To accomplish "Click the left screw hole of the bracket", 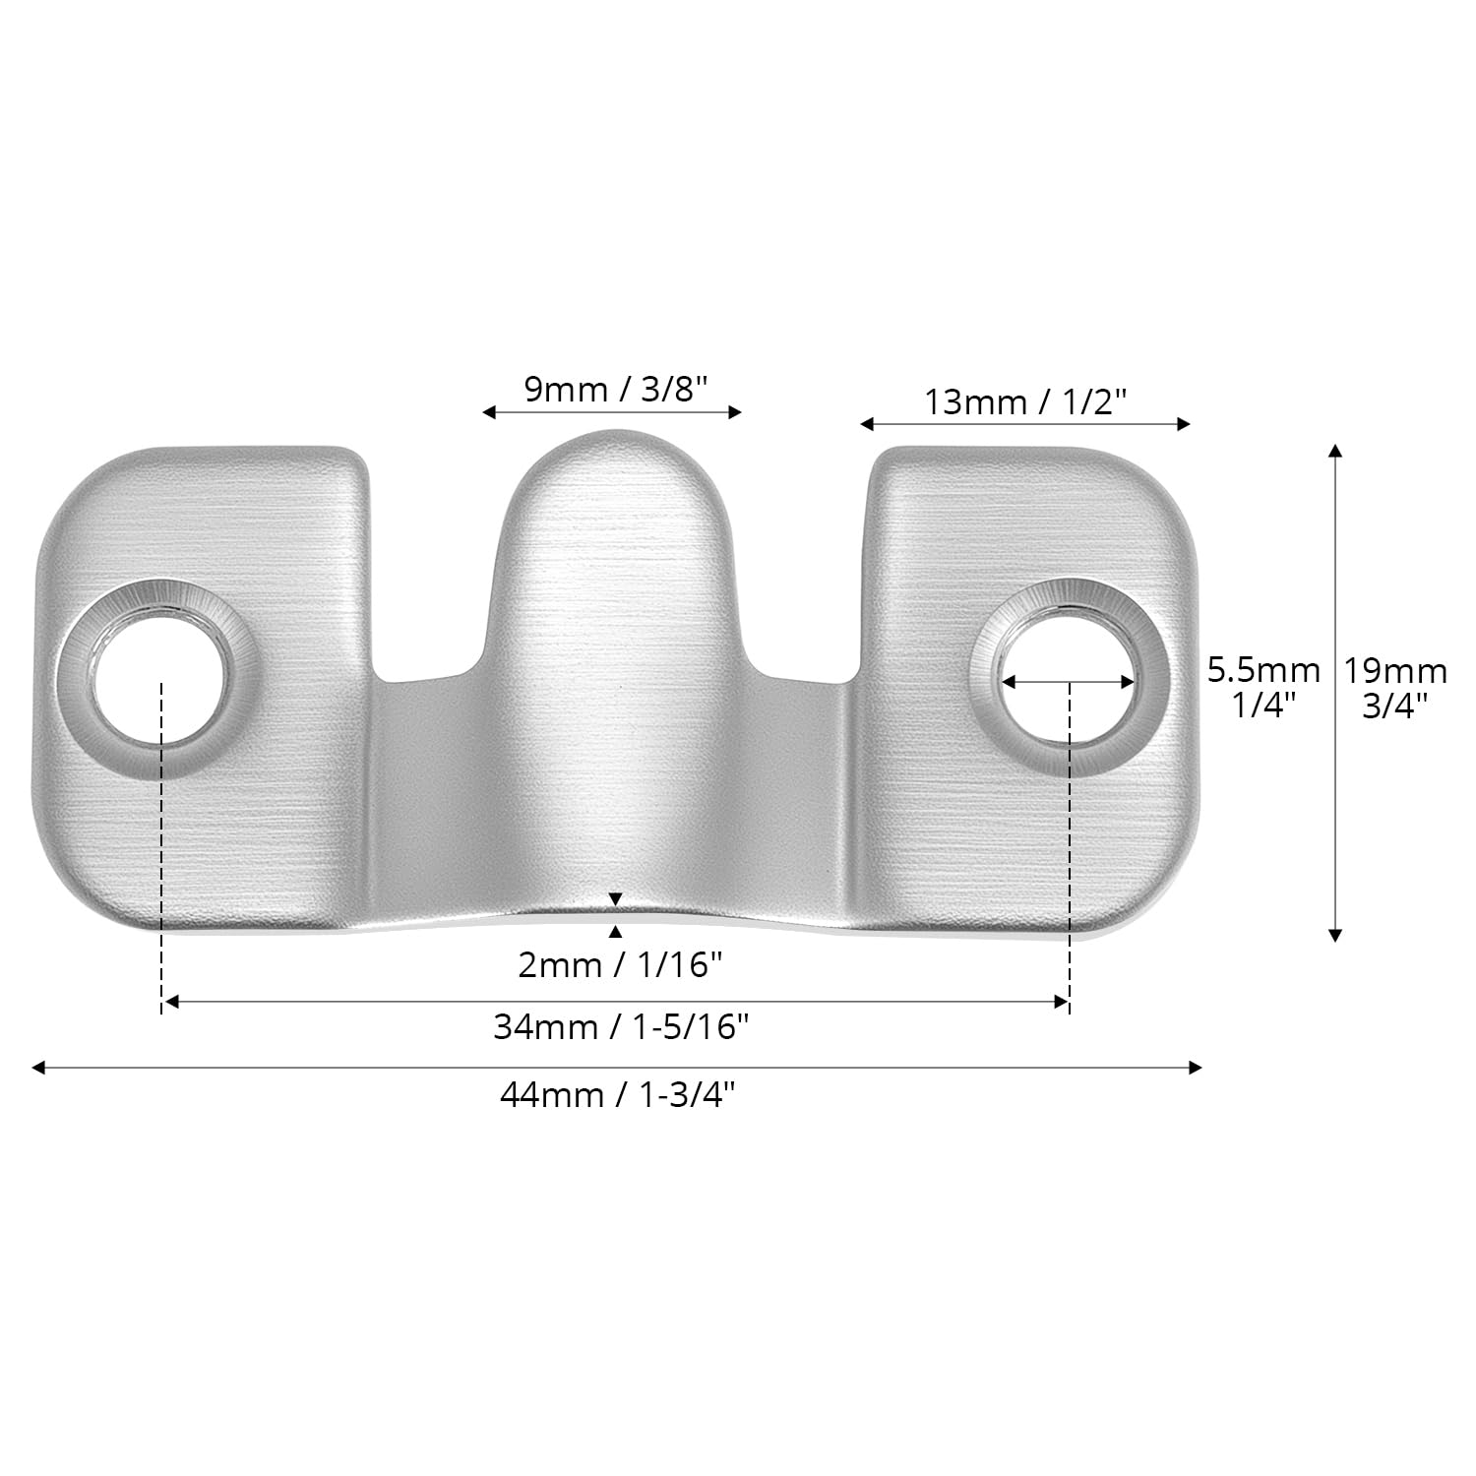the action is pyautogui.click(x=157, y=678).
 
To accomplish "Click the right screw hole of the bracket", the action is pyautogui.click(x=1069, y=678).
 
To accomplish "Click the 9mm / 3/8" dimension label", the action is pyautogui.click(x=616, y=390).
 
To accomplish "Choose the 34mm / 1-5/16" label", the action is pyautogui.click(x=621, y=1027).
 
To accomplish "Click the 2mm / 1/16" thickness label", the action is pyautogui.click(x=620, y=965).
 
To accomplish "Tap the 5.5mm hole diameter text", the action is pyautogui.click(x=1263, y=671).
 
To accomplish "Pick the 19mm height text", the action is pyautogui.click(x=1395, y=671).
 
